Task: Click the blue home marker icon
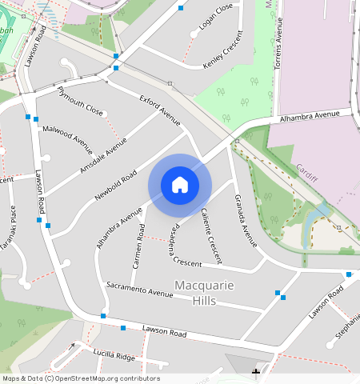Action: pos(180,185)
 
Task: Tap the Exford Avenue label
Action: pos(160,110)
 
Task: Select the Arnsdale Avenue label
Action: pos(103,155)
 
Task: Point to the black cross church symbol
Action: pos(256,372)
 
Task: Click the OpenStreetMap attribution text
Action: pos(81,378)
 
